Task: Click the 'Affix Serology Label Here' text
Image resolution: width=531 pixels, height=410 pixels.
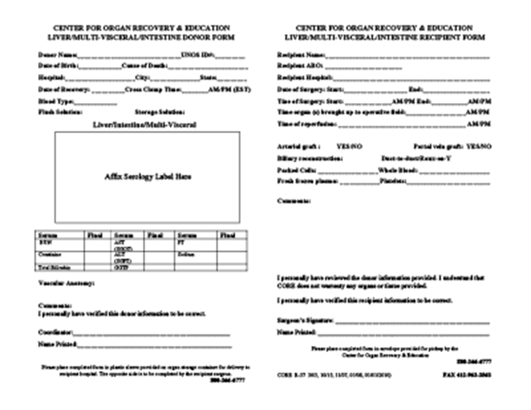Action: pos(148,177)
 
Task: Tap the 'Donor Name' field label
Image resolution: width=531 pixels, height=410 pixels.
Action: pos(57,55)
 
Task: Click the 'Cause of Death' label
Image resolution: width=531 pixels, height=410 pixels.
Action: pos(144,66)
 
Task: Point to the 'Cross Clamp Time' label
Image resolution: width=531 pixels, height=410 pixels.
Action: pos(153,89)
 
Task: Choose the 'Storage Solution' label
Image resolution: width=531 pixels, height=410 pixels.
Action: pos(160,112)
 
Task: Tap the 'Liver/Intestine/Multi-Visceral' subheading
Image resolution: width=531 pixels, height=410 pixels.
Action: pos(148,125)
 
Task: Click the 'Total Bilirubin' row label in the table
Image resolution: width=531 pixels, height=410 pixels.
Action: pos(55,267)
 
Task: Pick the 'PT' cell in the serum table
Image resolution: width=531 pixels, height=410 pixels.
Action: pos(181,242)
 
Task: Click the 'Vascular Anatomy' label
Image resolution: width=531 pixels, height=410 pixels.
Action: pos(66,284)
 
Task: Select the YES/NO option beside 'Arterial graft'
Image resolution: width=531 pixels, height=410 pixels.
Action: pos(349,146)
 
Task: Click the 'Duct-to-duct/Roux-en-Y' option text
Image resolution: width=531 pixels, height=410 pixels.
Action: pos(416,158)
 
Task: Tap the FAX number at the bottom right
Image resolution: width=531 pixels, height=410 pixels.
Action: pos(467,374)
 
